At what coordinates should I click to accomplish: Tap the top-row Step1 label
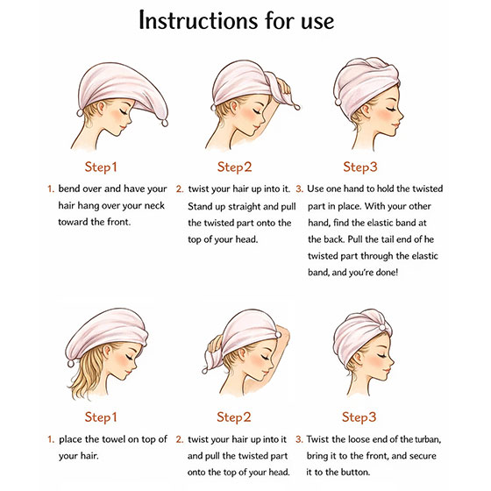click(x=101, y=167)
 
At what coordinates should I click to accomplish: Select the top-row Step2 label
click(x=235, y=167)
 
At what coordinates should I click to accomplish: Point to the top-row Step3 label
click(x=360, y=167)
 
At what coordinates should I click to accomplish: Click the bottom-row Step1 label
click(x=101, y=417)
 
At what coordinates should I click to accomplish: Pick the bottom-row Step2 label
click(x=234, y=417)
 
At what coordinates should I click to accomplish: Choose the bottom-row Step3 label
click(x=359, y=417)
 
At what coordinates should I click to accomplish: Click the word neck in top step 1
click(x=154, y=206)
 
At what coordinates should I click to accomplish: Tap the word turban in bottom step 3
click(x=428, y=439)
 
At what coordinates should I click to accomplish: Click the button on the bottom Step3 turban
click(x=382, y=328)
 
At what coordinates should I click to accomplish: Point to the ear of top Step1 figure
click(x=101, y=106)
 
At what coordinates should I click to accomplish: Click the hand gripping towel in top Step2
click(x=283, y=86)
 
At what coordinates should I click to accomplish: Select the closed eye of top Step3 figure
click(x=391, y=109)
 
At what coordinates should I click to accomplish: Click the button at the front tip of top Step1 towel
click(x=165, y=123)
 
